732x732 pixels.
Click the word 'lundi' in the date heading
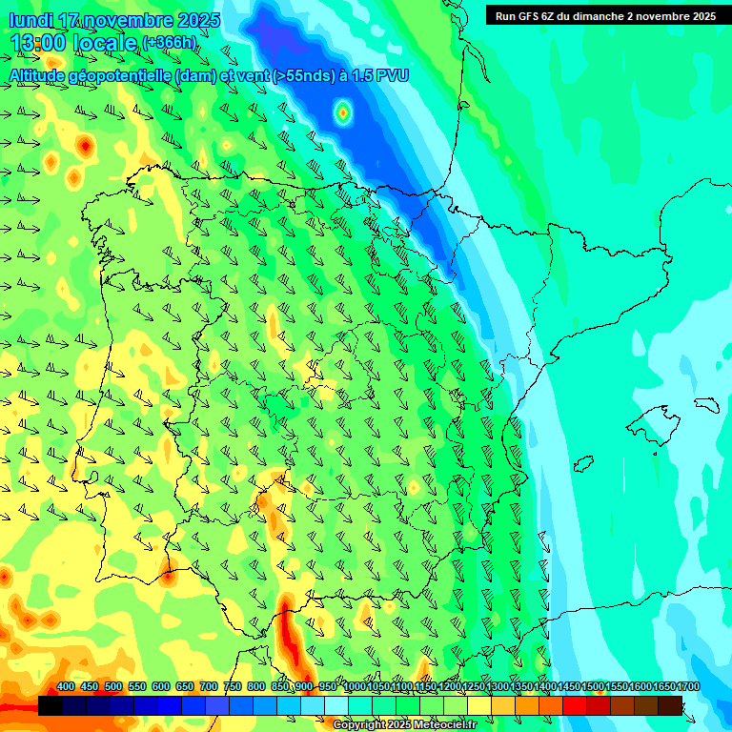tap(30, 20)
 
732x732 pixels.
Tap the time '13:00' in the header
tap(39, 43)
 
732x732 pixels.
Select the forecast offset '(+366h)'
tap(170, 43)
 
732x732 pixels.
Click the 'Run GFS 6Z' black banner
tap(605, 15)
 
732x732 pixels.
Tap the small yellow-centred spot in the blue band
tap(343, 113)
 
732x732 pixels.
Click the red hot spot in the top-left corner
tap(86, 146)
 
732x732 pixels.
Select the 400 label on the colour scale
tap(66, 687)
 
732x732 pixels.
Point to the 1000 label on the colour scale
tap(354, 687)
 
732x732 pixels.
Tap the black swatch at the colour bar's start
tap(51, 705)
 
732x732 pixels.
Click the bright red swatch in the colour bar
tap(575, 705)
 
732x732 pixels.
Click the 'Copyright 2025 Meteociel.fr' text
tap(404, 724)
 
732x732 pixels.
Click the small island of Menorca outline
tap(706, 404)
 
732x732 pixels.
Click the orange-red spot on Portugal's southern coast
tap(169, 575)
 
